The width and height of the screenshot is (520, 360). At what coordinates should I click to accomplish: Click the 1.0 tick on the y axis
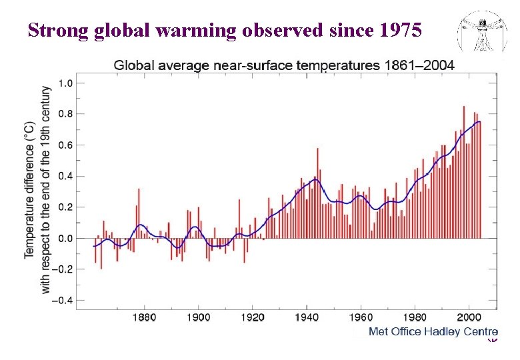[x=65, y=83]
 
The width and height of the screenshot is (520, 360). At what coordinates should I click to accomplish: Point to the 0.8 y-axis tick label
[x=65, y=114]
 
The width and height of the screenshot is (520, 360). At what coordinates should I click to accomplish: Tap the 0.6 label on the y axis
[x=65, y=145]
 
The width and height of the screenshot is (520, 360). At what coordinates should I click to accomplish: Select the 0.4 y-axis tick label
[x=65, y=176]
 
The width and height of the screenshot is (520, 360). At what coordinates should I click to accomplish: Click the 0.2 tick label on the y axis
[x=65, y=207]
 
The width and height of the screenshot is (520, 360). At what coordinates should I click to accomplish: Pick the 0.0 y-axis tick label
[x=65, y=238]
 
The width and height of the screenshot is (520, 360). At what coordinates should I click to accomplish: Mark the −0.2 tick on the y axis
[x=63, y=269]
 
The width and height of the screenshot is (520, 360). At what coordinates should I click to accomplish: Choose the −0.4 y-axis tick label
[x=63, y=300]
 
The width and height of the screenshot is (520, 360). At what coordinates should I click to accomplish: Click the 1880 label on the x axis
[x=145, y=317]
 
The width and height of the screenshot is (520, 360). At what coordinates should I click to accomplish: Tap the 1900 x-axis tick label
[x=199, y=317]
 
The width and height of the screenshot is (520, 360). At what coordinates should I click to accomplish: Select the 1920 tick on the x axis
[x=253, y=317]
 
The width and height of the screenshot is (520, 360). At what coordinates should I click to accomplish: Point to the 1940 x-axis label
[x=307, y=317]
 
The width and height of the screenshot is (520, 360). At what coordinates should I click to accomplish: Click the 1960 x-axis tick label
[x=361, y=317]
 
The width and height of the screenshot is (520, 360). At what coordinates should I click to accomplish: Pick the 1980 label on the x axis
[x=415, y=317]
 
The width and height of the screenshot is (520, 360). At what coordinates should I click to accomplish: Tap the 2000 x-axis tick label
[x=469, y=317]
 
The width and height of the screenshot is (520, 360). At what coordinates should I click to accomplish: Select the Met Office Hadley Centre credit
[x=433, y=332]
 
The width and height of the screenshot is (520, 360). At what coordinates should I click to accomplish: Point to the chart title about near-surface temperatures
[x=284, y=65]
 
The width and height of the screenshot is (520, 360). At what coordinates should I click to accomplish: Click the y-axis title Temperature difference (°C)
[x=30, y=190]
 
